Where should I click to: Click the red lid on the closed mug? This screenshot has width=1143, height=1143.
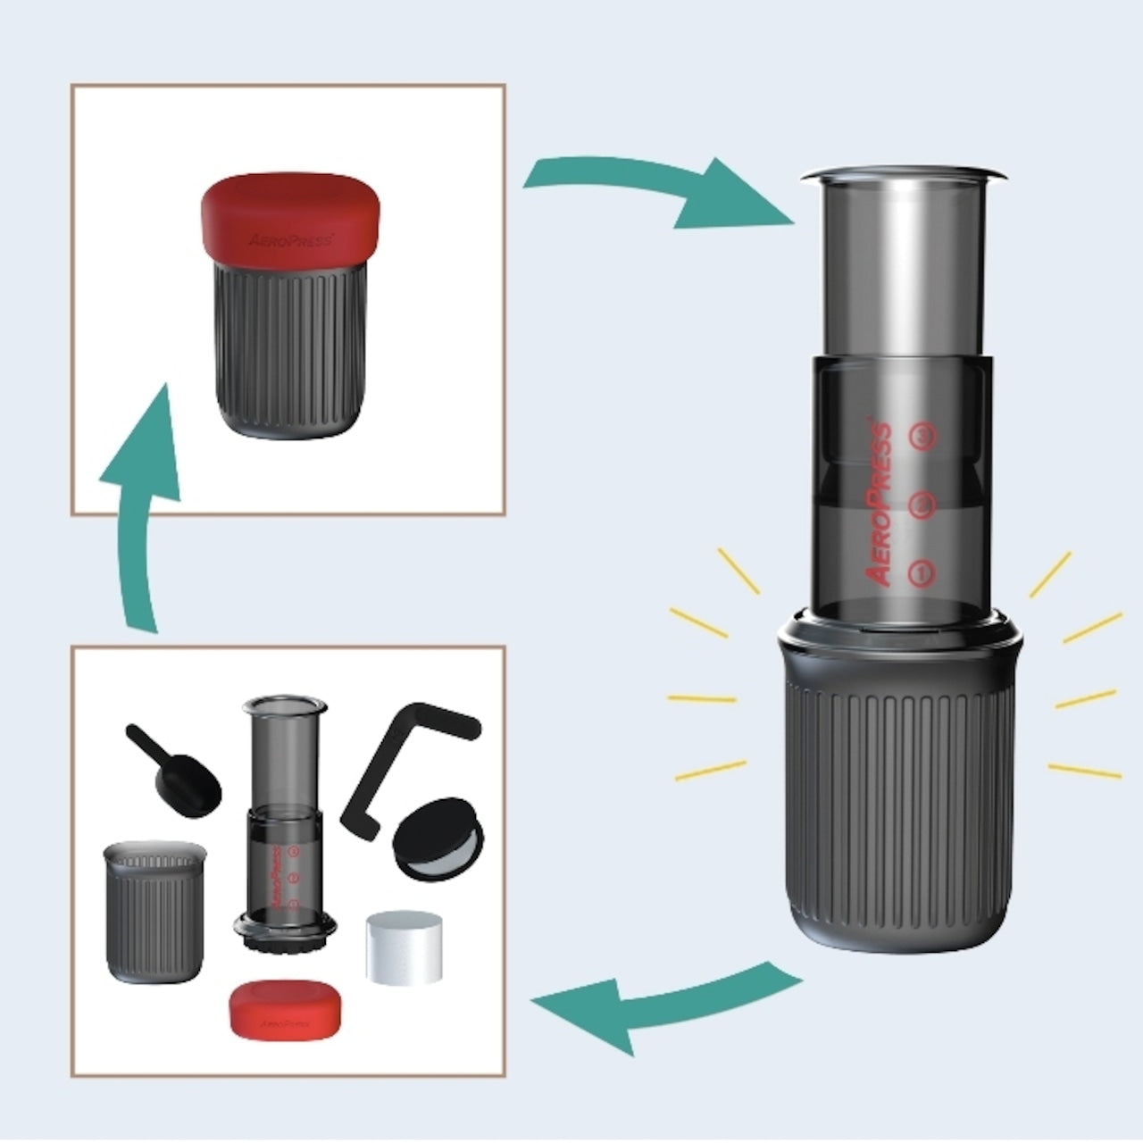tap(290, 219)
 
